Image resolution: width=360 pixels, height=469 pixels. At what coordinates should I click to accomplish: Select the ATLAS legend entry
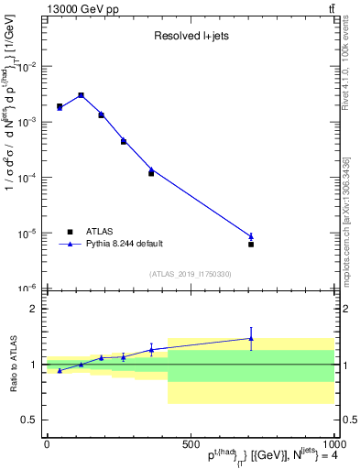pyautogui.click(x=99, y=232)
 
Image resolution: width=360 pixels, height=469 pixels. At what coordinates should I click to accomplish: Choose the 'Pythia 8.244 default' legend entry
pyautogui.click(x=125, y=244)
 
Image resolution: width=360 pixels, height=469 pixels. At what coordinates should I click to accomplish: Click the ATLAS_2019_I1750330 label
pyautogui.click(x=190, y=274)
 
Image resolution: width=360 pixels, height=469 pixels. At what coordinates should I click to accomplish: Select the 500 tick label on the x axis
pyautogui.click(x=190, y=443)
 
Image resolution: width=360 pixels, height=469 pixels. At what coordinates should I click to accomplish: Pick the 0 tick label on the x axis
pyautogui.click(x=46, y=443)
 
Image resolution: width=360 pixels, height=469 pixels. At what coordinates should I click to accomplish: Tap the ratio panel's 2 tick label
pyautogui.click(x=33, y=309)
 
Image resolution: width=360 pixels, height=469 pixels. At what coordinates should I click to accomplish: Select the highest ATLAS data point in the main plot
pyautogui.click(x=81, y=95)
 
